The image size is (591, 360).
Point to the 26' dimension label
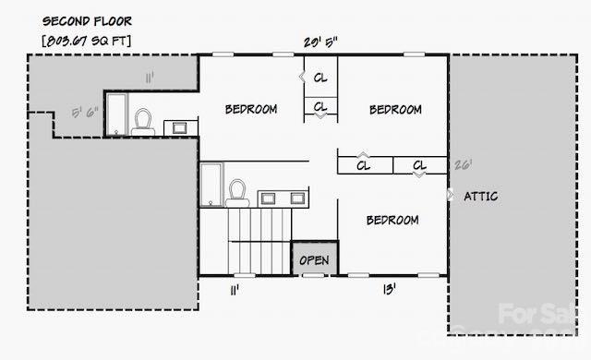(x=463, y=165)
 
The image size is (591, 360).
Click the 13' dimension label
(x=390, y=290)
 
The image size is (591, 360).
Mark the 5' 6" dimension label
(x=85, y=114)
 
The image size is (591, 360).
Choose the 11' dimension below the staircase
(x=235, y=290)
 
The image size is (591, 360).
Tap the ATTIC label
(x=480, y=196)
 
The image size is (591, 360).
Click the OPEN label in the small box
(x=314, y=260)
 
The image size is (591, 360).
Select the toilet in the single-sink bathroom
(x=143, y=121)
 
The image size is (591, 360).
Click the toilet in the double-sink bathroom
(x=236, y=191)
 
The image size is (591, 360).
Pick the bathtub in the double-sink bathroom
(x=211, y=184)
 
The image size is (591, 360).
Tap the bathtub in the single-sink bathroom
(x=116, y=114)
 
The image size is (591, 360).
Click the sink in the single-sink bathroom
(x=180, y=127)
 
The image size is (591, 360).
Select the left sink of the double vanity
(x=269, y=198)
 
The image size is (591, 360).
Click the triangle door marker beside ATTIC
(x=450, y=196)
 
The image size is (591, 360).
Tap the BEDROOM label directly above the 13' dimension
(x=392, y=221)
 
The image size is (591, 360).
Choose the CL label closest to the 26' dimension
(x=418, y=166)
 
